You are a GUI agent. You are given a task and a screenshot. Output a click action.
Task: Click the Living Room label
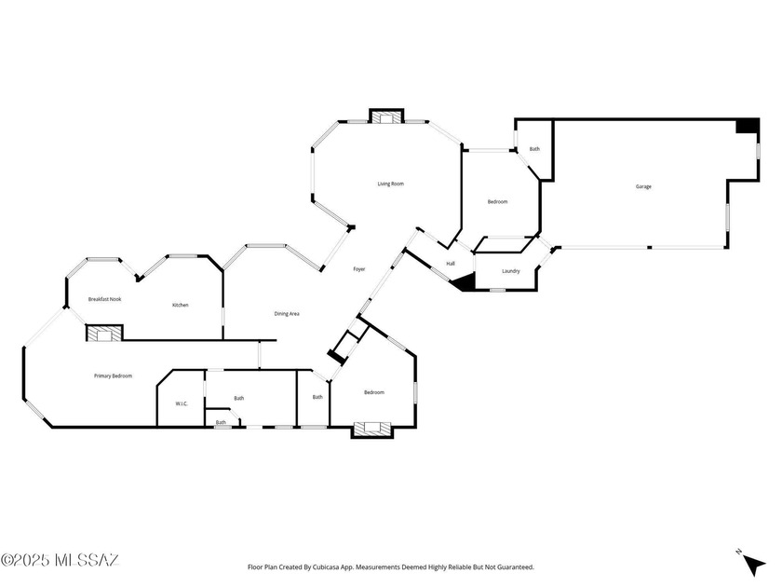pos(390,184)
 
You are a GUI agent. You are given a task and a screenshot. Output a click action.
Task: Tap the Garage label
pos(643,186)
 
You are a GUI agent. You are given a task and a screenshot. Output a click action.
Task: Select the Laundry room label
pos(511,271)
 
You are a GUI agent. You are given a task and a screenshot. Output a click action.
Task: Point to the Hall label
pos(451,264)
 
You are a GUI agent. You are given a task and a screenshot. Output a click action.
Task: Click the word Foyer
pos(359,269)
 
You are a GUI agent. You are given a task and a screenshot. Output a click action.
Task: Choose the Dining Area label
pos(287,314)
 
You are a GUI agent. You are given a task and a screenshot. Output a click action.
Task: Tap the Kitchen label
pos(181,305)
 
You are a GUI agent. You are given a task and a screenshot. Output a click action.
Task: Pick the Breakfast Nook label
pos(104,299)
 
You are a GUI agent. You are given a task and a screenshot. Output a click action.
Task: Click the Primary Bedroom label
pos(114,375)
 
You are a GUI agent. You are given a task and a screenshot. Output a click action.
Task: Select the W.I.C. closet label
pos(182,403)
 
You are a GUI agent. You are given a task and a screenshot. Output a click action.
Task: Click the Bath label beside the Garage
pos(534,149)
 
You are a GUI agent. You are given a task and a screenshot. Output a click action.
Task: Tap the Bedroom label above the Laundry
pos(497,201)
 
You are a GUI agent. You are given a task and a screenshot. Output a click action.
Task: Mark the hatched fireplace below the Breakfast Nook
pos(104,333)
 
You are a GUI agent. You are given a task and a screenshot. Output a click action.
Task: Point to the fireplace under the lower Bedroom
pos(371,429)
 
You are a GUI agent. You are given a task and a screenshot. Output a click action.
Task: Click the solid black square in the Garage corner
pos(748,126)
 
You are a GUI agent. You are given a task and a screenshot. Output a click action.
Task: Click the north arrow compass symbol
pos(751,563)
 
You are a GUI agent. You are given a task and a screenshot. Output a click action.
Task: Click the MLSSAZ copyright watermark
pos(60,560)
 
